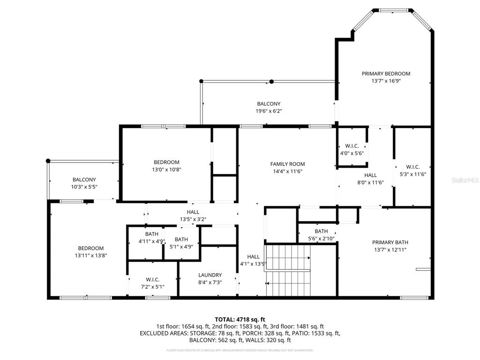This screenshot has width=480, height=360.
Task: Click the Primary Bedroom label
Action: point(386,74)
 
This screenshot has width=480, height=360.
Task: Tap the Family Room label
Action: point(287,164)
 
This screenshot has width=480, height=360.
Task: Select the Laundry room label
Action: point(210,275)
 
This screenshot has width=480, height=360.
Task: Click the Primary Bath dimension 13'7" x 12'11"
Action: point(390,250)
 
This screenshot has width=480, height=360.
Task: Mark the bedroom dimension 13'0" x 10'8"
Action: point(166,170)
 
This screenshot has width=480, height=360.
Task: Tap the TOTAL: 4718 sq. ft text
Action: point(240,319)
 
